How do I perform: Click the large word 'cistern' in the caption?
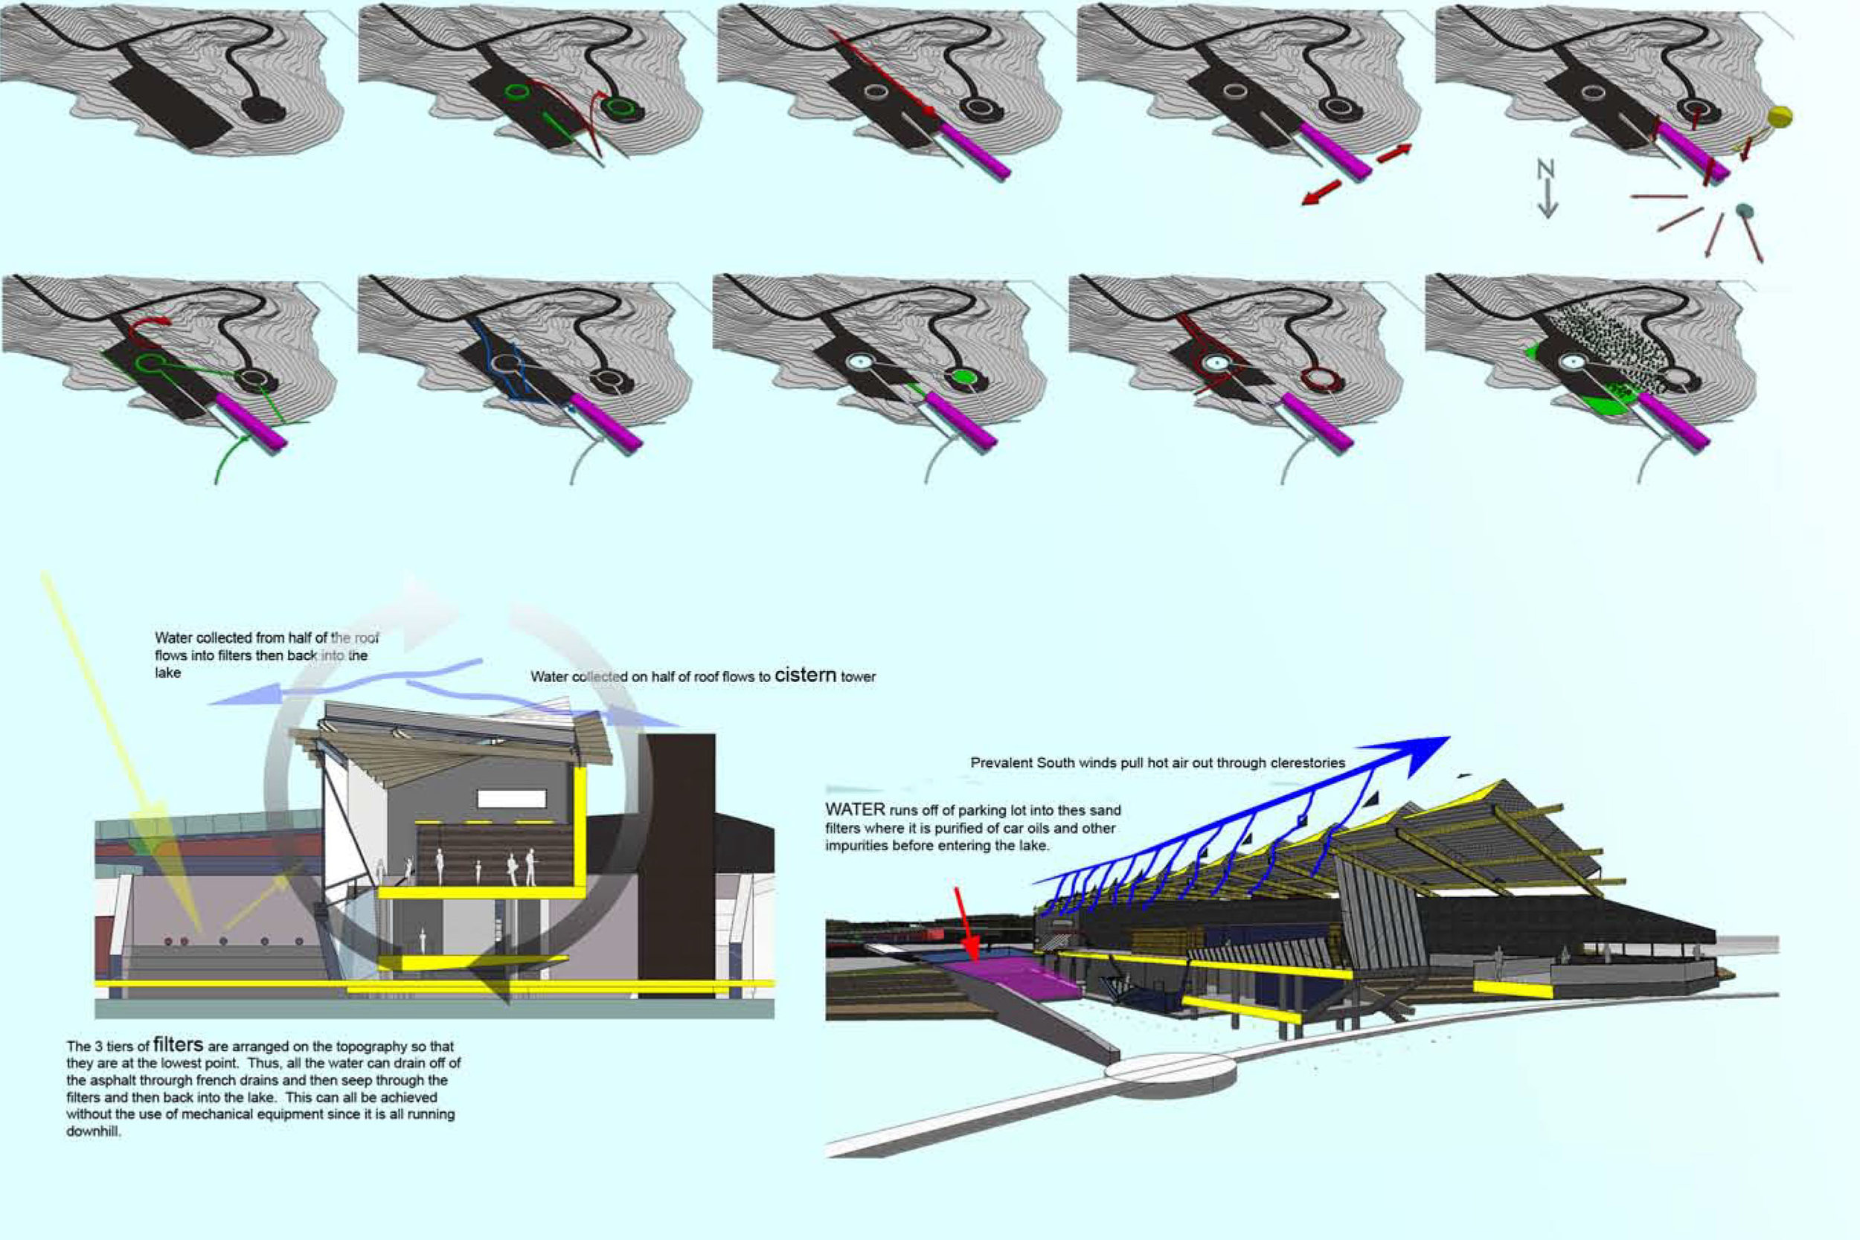point(805,675)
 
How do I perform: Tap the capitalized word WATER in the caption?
point(854,810)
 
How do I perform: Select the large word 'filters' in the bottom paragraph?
point(178,1044)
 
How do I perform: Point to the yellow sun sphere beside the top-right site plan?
point(1780,117)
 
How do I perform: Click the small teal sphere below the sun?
point(1744,211)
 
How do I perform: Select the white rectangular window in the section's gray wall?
point(512,798)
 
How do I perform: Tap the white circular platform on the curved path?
point(1169,1067)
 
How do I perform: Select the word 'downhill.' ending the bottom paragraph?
point(93,1131)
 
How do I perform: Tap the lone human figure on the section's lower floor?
point(423,940)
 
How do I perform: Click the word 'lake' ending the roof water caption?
point(167,673)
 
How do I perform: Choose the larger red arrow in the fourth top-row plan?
point(1321,192)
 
